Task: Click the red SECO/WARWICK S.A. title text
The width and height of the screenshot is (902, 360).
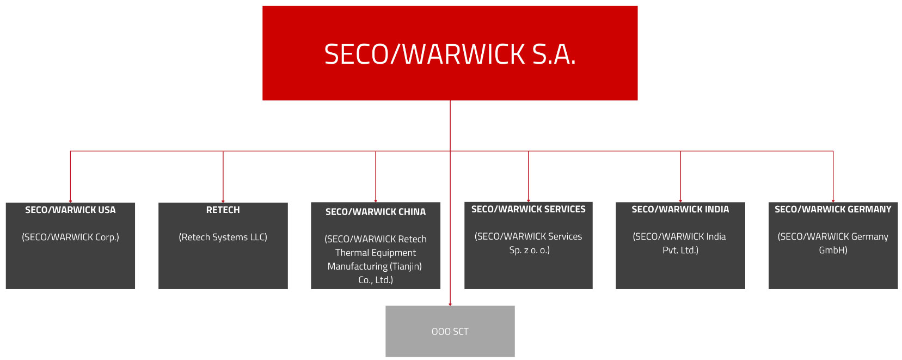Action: (450, 54)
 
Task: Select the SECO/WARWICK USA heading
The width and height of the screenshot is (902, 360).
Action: (70, 210)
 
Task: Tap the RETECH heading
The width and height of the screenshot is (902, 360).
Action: (223, 210)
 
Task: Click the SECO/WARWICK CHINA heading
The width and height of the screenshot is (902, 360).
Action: (376, 212)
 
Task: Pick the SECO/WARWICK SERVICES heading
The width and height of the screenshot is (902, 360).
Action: (528, 209)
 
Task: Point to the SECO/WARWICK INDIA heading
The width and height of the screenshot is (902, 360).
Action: (680, 209)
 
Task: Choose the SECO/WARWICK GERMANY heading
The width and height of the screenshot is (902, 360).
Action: (833, 209)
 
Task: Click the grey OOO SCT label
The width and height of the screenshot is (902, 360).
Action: (450, 332)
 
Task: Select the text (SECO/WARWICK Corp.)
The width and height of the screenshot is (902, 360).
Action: (70, 237)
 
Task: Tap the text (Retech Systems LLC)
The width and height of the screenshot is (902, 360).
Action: (223, 237)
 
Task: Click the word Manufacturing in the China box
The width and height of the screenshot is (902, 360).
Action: (358, 266)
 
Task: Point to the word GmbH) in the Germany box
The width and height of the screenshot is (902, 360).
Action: (833, 250)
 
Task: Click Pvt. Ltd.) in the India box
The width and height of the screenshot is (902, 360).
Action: (680, 250)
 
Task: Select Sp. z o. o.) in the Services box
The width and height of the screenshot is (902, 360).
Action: (529, 250)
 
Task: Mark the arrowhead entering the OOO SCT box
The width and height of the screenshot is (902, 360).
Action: (450, 304)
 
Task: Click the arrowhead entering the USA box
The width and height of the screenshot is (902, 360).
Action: (70, 201)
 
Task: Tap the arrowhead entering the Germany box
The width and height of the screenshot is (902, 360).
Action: (833, 201)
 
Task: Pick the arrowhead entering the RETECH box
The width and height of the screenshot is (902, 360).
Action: (223, 201)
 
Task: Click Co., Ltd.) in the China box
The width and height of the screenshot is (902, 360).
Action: (376, 280)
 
